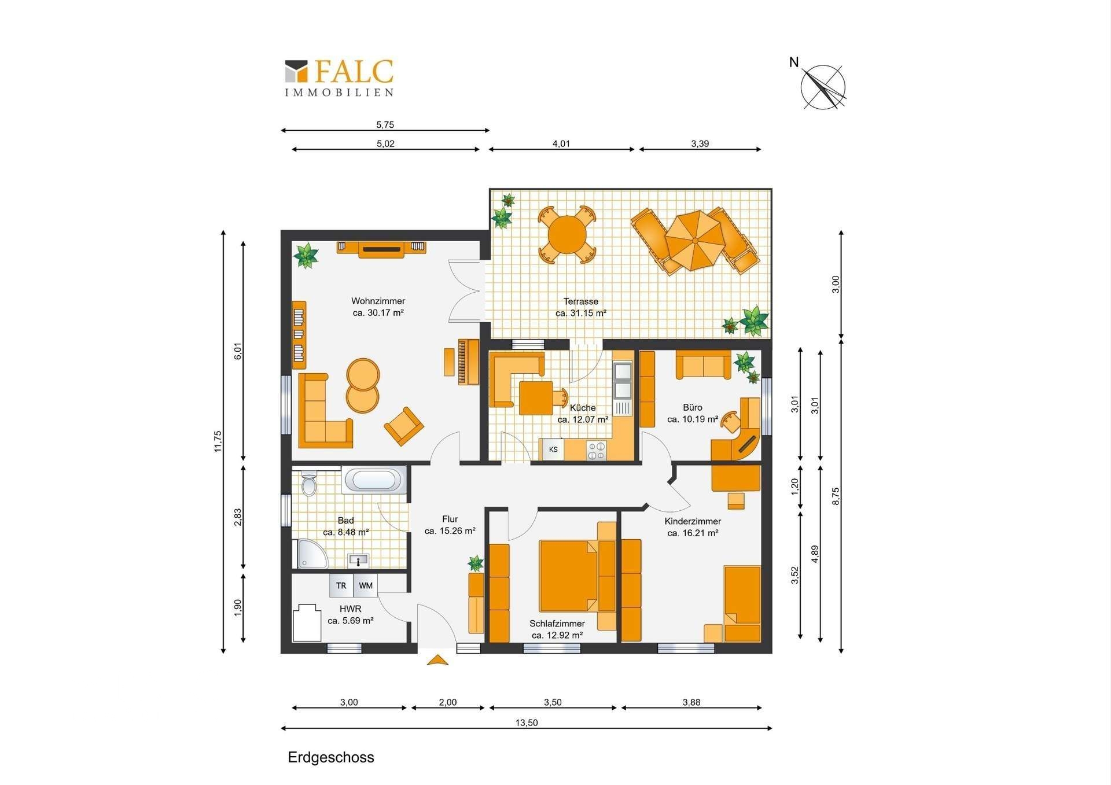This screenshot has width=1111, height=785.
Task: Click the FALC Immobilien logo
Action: (339, 78)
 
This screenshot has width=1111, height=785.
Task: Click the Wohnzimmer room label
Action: (378, 301)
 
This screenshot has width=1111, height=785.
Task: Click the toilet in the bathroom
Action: (309, 484)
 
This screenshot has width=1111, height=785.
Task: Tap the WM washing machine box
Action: (365, 585)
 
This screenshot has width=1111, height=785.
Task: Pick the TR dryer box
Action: (341, 585)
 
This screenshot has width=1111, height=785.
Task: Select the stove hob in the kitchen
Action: (597, 451)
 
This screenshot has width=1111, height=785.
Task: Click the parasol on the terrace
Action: (694, 239)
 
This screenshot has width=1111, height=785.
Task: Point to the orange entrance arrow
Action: (437, 659)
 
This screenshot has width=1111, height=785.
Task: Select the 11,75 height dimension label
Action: (218, 441)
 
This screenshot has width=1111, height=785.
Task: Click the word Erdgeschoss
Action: (331, 757)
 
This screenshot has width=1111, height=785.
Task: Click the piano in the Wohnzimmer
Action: (468, 362)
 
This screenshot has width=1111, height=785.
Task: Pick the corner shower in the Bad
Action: (312, 554)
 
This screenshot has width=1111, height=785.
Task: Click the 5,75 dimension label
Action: (385, 124)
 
